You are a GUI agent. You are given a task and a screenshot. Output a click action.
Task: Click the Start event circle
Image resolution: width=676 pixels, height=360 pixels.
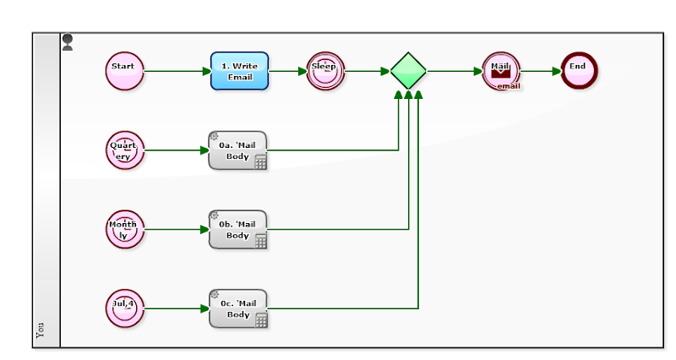coord(124,70)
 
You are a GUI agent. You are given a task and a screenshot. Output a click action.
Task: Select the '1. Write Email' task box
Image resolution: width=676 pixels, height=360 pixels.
coord(239,71)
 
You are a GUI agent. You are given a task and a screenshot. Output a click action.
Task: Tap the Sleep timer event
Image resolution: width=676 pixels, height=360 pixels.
coord(324,71)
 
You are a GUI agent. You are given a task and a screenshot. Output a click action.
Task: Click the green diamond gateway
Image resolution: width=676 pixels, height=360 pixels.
coord(408,71)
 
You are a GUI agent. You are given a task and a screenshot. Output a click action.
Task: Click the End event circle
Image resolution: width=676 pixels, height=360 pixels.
coord(579,70)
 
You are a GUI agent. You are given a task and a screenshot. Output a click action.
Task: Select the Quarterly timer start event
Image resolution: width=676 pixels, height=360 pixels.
coord(124,150)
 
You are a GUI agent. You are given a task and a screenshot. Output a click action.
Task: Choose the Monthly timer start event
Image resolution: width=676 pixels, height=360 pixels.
coord(124,229)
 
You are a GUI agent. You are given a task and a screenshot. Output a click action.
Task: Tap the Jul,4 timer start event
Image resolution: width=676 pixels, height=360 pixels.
coord(124,308)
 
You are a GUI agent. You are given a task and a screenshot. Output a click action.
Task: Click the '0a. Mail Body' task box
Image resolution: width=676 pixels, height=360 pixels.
coord(237,150)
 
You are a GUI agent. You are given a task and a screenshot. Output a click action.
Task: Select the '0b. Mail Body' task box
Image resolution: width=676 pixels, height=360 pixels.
coord(237,229)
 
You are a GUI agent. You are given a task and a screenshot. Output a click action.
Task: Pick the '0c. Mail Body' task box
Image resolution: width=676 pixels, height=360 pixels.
coord(237,308)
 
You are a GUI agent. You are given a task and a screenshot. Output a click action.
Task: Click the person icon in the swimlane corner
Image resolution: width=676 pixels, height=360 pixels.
coord(68,42)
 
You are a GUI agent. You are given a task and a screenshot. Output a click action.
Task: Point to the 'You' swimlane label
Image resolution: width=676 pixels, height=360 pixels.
coord(41,330)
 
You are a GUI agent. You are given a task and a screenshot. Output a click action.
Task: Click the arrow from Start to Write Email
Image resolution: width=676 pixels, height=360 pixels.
coord(177,71)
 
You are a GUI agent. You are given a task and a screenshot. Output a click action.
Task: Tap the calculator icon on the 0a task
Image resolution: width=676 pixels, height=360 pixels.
coord(260,162)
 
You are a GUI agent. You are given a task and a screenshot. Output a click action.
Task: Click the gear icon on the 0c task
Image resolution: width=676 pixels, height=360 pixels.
coord(214,295)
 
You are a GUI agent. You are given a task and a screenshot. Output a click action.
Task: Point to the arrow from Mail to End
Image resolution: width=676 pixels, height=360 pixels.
coord(541,71)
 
